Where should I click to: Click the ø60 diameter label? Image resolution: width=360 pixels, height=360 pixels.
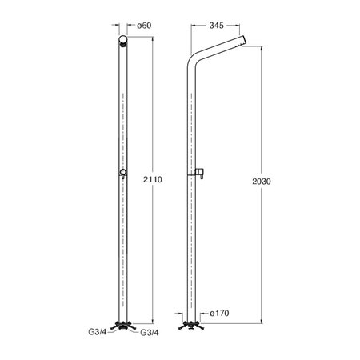pos(144,26)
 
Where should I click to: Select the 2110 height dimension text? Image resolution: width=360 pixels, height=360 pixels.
pos(153,179)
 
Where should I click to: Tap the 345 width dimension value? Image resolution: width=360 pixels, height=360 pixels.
pos(216,26)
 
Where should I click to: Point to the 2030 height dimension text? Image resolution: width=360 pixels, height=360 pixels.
pos(262,182)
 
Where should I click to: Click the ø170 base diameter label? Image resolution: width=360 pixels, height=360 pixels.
pos(219,313)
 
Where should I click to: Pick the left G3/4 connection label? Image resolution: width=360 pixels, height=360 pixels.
pos(98,332)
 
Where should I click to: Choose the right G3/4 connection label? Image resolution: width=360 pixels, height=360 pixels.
pos(150,333)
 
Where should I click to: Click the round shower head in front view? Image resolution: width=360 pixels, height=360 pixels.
pos(123,40)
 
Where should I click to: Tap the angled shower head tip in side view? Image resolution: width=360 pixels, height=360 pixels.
pos(242,41)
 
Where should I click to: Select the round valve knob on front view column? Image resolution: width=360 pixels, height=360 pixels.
pos(123,173)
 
